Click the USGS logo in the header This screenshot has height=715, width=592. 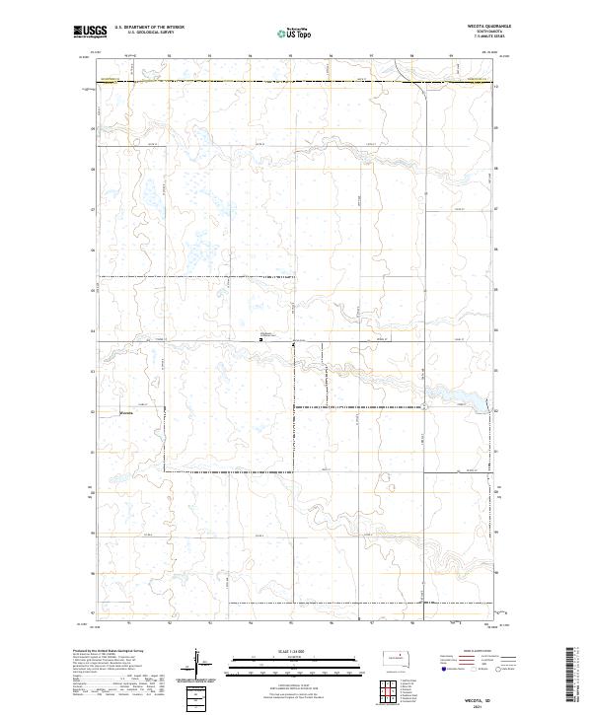pos(88,33)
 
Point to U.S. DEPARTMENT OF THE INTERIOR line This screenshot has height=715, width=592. pos(149,28)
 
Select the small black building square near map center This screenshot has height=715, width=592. pos(260,338)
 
